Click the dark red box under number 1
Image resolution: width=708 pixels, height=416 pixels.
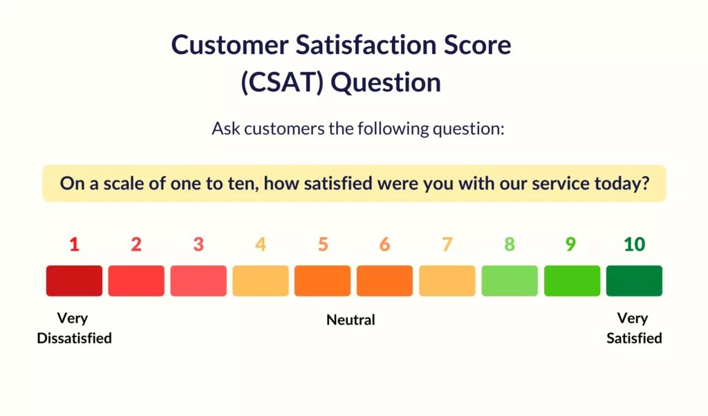tap(74, 281)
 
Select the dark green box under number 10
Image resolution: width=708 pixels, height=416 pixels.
tap(634, 281)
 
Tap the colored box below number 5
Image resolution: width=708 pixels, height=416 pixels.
tap(322, 281)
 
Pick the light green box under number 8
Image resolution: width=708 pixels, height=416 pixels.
tap(510, 281)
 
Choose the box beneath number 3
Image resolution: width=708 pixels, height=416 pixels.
tap(198, 281)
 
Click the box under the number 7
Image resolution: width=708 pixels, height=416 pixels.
tap(447, 281)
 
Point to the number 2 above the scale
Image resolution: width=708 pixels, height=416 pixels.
tap(136, 245)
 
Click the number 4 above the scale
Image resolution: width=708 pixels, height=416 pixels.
tap(261, 245)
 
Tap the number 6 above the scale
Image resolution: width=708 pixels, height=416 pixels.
tap(384, 245)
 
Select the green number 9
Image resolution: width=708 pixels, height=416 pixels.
tap(570, 245)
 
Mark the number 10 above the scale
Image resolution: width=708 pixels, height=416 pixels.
tap(635, 245)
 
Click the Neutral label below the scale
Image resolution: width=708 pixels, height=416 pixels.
tap(351, 320)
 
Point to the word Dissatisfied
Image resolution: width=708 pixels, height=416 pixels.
tap(74, 338)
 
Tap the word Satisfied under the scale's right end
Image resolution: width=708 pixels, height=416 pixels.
tap(634, 338)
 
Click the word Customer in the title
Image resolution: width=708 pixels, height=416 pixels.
tap(230, 45)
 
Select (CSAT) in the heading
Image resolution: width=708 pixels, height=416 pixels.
tap(283, 83)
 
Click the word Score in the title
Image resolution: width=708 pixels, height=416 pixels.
tap(478, 45)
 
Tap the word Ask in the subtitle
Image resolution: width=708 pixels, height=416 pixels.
tap(226, 129)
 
